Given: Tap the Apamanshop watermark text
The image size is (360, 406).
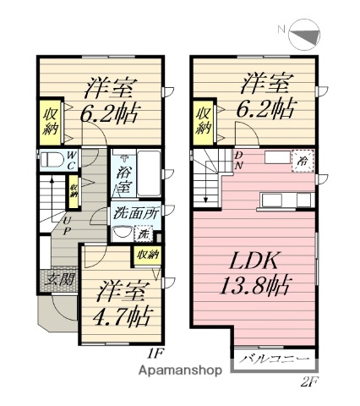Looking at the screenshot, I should (183, 370).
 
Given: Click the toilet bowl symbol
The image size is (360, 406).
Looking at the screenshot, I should (49, 159).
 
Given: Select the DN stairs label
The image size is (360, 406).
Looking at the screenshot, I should (240, 158).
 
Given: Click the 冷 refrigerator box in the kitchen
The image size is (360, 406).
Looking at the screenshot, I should (301, 159).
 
